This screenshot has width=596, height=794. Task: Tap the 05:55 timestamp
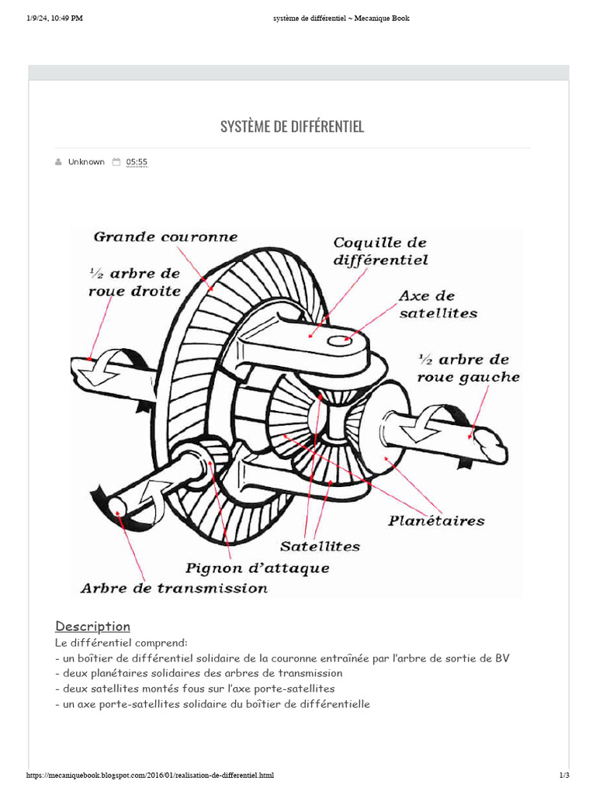click(x=137, y=162)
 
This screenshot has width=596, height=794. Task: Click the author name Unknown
click(x=86, y=162)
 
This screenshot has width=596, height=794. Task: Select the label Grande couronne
click(x=166, y=236)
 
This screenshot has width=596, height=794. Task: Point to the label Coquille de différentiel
click(x=380, y=252)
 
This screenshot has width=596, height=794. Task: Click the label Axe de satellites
click(x=438, y=305)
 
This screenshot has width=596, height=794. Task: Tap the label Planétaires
click(x=436, y=520)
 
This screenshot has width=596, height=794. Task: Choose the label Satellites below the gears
click(x=321, y=546)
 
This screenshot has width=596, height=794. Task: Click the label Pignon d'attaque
click(x=257, y=568)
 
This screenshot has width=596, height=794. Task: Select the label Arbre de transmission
click(x=174, y=588)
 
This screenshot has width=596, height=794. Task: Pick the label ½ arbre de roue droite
click(x=134, y=282)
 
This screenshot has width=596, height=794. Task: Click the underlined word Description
click(x=92, y=627)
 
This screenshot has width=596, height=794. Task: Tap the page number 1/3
click(x=564, y=775)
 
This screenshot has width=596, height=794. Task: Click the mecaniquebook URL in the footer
click(x=150, y=775)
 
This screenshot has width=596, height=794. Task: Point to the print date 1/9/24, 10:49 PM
click(x=54, y=19)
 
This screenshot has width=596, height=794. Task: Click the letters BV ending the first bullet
click(x=502, y=658)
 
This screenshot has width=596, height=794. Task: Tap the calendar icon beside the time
click(x=116, y=162)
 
